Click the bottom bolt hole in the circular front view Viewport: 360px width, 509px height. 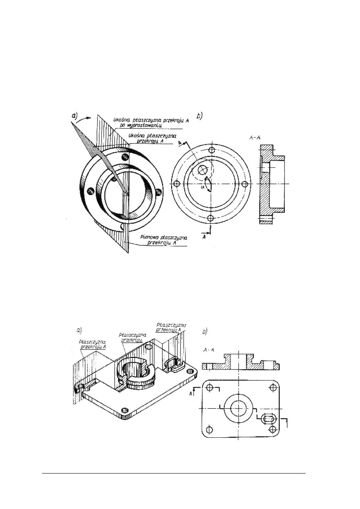pos(210,218)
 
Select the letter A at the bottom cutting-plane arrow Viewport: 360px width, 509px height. pos(204,237)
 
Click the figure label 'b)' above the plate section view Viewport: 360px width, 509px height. pos(205,332)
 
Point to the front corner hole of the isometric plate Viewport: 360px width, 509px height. pos(124,410)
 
